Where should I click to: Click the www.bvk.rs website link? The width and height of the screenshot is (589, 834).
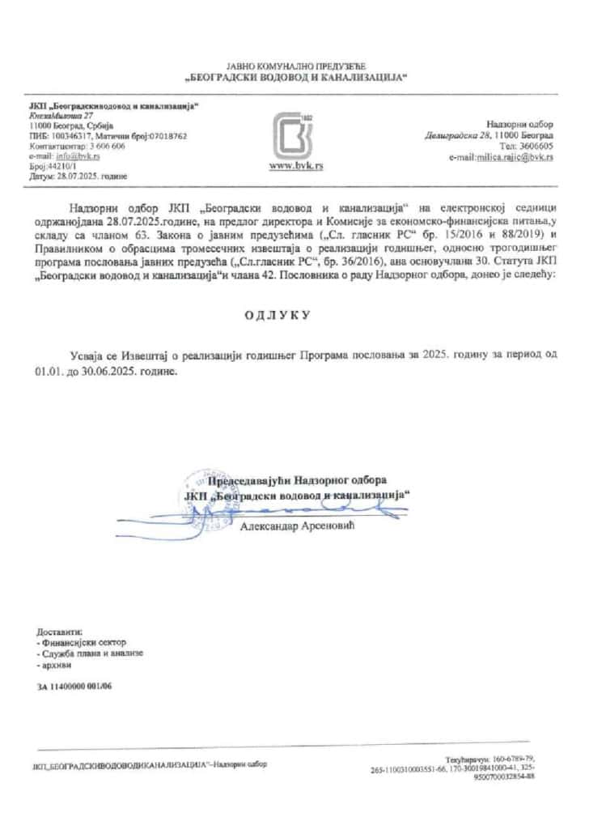[294, 165]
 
